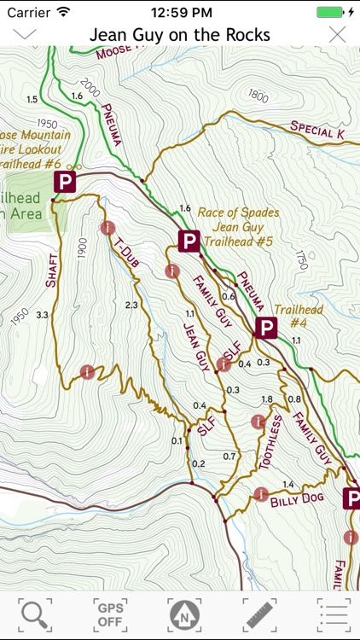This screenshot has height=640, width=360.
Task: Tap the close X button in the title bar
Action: pos(338,35)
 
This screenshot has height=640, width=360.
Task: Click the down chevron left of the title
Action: pos(25,34)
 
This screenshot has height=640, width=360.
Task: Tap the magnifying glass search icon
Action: pos(35,614)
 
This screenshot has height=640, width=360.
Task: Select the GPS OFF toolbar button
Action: pos(109,614)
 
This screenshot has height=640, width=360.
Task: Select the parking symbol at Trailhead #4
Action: pos(266,329)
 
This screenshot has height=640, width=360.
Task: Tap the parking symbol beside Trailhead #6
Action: pos(64,181)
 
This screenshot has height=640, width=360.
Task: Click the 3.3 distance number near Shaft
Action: pos(43,315)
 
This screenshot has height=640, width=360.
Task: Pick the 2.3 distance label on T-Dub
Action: pos(131,305)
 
